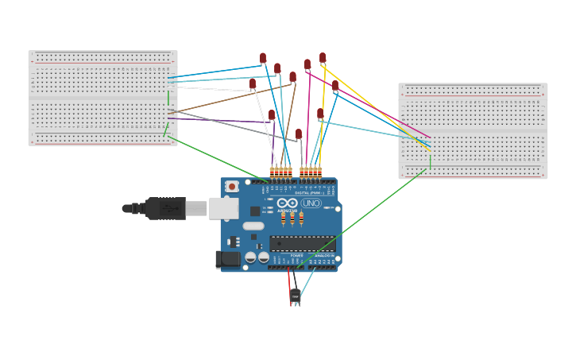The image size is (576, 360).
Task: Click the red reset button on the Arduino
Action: tap(232, 186)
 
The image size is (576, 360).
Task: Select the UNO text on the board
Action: tap(311, 203)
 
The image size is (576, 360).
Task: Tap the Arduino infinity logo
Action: tap(288, 203)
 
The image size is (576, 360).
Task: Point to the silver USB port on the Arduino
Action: tap(223, 208)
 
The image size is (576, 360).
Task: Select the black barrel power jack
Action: tap(228, 259)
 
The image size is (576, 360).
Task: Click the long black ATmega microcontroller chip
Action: tap(302, 244)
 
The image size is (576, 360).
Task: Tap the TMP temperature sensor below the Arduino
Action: tap(296, 296)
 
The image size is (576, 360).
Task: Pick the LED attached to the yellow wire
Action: tap(323, 58)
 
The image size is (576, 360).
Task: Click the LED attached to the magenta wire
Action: tap(307, 64)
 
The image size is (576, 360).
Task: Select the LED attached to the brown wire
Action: tap(292, 77)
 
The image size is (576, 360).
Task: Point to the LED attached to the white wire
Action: tap(253, 83)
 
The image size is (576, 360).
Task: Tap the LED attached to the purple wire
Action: tap(272, 115)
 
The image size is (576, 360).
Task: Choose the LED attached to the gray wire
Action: tap(299, 134)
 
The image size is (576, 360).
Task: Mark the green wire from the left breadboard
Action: tap(215, 159)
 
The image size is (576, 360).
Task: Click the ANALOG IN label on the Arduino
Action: tap(323, 255)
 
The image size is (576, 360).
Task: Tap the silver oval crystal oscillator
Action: tap(253, 226)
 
